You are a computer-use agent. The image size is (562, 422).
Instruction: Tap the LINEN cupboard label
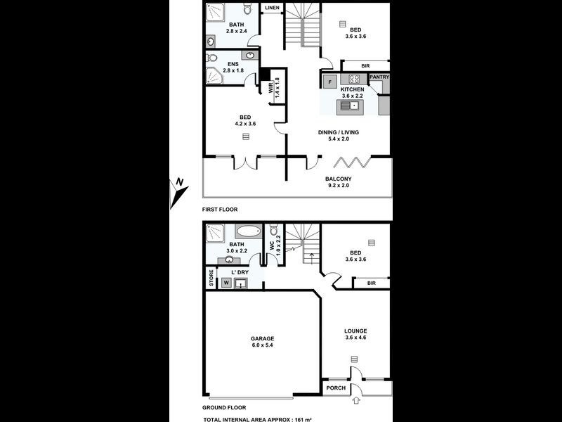tap(271, 8)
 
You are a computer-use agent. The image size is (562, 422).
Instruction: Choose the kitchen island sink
tap(350, 106)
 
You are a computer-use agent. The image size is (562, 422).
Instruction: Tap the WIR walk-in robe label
tap(271, 88)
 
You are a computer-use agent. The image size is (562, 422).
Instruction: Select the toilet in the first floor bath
tap(247, 10)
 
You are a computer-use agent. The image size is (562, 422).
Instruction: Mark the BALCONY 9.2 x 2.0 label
tap(338, 182)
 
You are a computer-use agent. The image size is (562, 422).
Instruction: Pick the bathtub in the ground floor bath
tap(247, 231)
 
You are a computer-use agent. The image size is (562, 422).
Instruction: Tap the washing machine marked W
tap(226, 283)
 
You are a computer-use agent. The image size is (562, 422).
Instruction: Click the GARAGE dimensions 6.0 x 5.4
tap(263, 346)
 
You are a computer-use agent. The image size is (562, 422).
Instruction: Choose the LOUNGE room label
tap(355, 331)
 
